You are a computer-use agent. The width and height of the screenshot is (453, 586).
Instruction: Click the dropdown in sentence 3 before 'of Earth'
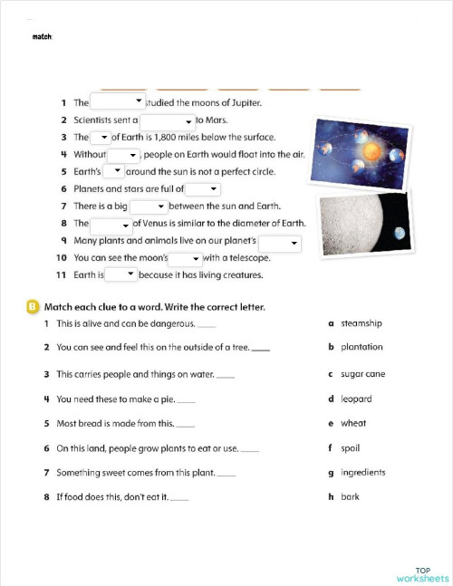pos(101,137)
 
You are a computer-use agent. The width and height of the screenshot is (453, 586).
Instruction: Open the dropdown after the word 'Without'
pos(124,155)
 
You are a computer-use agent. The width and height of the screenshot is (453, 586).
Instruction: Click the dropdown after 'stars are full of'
pos(203,189)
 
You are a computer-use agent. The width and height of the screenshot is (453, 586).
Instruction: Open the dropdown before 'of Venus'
pos(111,224)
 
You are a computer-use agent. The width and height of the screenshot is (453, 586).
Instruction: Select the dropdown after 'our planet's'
pos(280,242)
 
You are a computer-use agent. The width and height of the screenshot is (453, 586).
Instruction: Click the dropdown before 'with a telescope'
pos(185,258)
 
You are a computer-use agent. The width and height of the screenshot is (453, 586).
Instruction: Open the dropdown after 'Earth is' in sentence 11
pos(120,274)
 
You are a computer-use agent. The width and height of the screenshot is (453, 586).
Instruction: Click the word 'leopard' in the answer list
pos(355,399)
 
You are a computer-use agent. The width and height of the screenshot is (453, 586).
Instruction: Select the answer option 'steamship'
pos(361,323)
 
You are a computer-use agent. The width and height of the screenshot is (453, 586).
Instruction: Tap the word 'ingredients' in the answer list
pos(362,472)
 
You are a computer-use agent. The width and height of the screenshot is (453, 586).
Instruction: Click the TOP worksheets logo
pos(422,574)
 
